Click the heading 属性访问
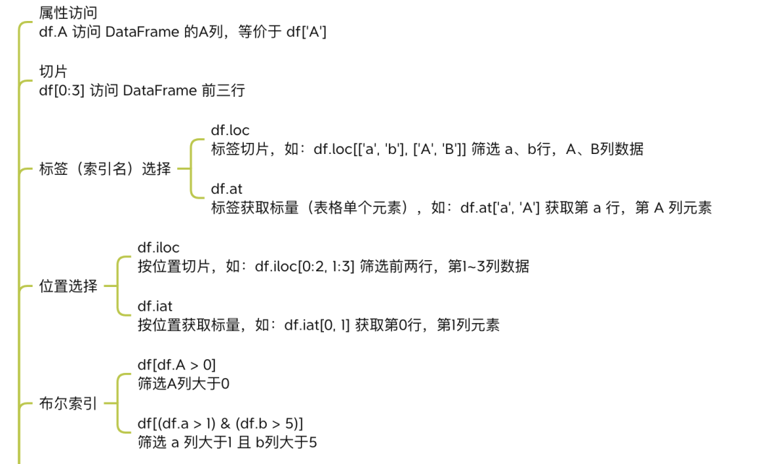click(x=68, y=13)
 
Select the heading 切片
click(x=53, y=72)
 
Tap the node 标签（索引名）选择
click(x=105, y=169)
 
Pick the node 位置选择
click(x=68, y=286)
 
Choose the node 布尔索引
click(x=68, y=404)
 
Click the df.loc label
click(x=230, y=130)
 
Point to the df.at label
click(x=226, y=189)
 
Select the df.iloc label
click(x=158, y=248)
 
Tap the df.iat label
click(x=155, y=306)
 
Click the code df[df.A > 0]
click(x=177, y=366)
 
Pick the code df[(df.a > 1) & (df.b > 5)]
click(x=220, y=424)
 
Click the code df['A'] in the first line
click(x=307, y=33)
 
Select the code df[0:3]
click(x=61, y=91)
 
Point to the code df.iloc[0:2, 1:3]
click(x=305, y=267)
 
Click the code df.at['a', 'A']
click(x=500, y=208)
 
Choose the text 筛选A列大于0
click(x=184, y=384)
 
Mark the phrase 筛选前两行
click(x=396, y=267)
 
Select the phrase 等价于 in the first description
click(x=260, y=33)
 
